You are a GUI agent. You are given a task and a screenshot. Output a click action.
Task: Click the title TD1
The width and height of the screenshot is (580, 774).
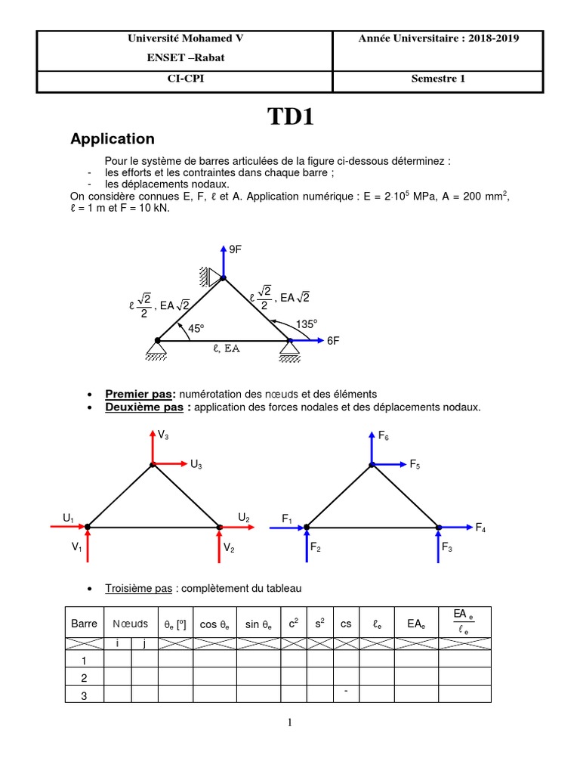pyautogui.click(x=290, y=117)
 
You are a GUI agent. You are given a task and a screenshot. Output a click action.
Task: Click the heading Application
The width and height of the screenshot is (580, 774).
pyautogui.click(x=112, y=139)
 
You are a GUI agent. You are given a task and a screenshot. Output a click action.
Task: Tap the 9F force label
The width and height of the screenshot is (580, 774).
pyautogui.click(x=235, y=249)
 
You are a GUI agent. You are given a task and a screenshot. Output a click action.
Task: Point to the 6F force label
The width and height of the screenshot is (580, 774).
pyautogui.click(x=333, y=341)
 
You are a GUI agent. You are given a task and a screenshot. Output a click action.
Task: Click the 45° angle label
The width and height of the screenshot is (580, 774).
pyautogui.click(x=196, y=329)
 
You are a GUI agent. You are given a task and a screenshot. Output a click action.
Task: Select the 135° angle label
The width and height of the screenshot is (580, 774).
pyautogui.click(x=307, y=324)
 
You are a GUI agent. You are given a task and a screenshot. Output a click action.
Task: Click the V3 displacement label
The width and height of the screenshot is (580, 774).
pyautogui.click(x=163, y=435)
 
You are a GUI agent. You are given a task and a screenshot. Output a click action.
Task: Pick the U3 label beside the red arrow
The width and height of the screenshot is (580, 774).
pyautogui.click(x=196, y=466)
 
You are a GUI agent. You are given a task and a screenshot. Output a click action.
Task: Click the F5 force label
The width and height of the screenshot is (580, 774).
pyautogui.click(x=415, y=466)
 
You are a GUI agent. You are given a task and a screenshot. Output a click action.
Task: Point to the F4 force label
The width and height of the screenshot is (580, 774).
pyautogui.click(x=480, y=528)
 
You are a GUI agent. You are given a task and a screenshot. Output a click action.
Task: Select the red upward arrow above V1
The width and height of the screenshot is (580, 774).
pyautogui.click(x=88, y=546)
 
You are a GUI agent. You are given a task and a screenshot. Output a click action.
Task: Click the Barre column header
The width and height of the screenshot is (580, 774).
pyautogui.click(x=84, y=624)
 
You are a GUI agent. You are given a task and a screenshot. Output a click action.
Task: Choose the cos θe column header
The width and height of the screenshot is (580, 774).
pyautogui.click(x=215, y=624)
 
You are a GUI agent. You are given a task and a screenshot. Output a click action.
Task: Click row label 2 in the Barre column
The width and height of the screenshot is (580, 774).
pyautogui.click(x=84, y=677)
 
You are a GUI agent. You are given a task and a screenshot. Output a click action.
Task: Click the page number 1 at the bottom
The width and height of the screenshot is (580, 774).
pyautogui.click(x=290, y=723)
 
